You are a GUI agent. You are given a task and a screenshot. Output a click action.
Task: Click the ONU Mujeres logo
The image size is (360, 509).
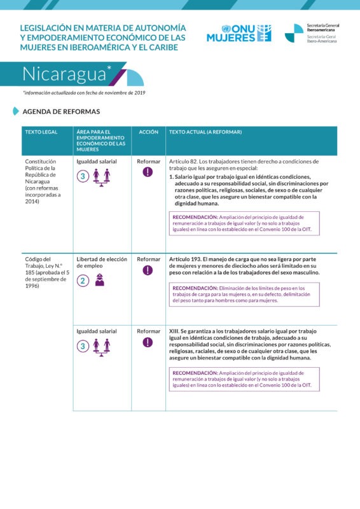(239, 33)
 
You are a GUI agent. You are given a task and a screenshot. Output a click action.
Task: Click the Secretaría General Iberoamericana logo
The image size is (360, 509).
(311, 33)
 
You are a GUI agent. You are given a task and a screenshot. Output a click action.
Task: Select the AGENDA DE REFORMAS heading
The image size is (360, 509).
(61, 111)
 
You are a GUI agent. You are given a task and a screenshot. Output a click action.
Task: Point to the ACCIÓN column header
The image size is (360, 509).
(148, 132)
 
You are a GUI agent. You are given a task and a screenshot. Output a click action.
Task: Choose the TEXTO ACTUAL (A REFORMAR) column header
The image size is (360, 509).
(205, 132)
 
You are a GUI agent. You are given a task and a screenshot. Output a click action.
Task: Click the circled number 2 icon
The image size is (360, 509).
(83, 281)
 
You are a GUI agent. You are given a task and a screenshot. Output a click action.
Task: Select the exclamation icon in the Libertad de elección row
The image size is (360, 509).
(148, 270)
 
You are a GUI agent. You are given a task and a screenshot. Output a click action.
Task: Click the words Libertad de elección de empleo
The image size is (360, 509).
(102, 263)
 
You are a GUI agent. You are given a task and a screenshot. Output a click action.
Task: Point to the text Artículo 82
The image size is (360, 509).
(183, 162)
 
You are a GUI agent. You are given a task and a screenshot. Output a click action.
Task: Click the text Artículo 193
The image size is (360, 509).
(185, 259)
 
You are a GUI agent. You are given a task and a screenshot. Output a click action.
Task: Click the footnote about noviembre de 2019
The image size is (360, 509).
(84, 93)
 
